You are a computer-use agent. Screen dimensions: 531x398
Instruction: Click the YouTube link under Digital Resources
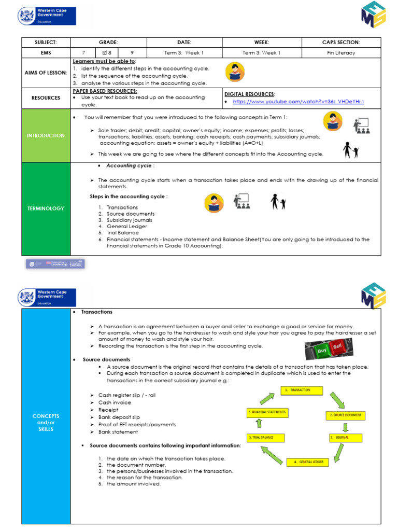[x=298, y=102]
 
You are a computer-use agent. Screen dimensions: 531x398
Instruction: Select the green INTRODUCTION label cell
[x=46, y=135]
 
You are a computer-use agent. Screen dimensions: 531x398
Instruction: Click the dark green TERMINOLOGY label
[x=46, y=208]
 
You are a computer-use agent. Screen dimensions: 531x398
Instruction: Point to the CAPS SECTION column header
[x=341, y=43]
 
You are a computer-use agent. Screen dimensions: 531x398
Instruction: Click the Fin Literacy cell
[x=341, y=53]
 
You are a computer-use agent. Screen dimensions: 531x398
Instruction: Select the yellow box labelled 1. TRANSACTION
[x=302, y=390]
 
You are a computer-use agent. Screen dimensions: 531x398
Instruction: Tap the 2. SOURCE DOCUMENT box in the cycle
[x=345, y=415]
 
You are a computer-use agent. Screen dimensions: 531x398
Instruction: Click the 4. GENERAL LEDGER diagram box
[x=308, y=462]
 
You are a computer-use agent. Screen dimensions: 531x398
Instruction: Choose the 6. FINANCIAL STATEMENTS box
[x=266, y=413]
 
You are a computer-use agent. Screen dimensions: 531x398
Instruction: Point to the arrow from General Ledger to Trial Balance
[x=272, y=454]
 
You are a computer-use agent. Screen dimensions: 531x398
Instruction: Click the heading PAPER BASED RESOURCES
[x=105, y=91]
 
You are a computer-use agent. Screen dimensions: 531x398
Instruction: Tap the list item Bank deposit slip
[x=119, y=417]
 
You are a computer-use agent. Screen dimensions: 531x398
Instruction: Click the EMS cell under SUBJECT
[x=46, y=53]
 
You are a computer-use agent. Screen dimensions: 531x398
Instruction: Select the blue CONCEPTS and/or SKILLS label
[x=46, y=423]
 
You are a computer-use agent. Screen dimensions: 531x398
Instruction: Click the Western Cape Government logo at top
[x=47, y=16]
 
